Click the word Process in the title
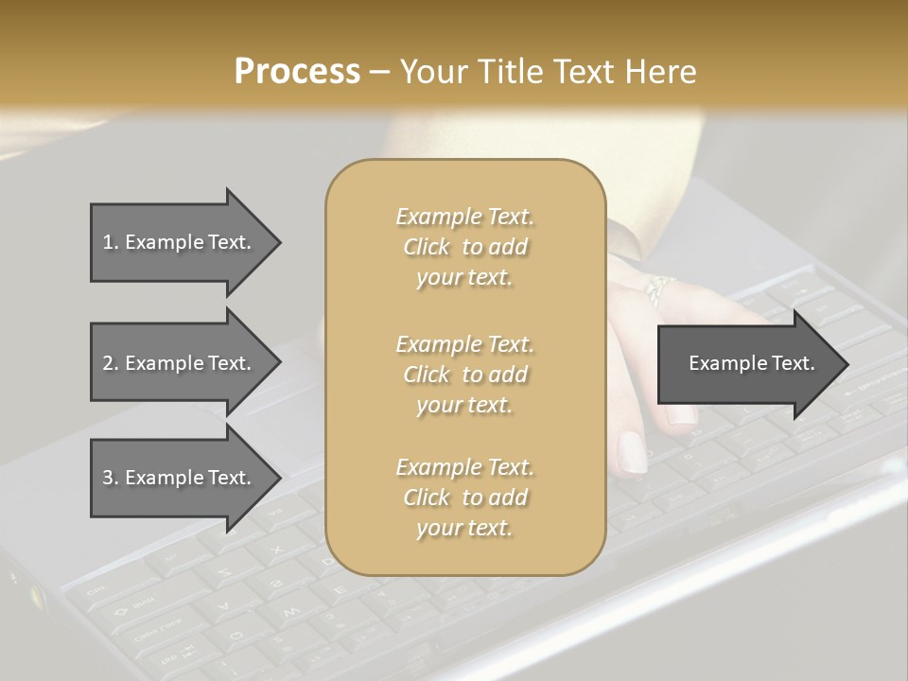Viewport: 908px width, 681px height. (x=297, y=72)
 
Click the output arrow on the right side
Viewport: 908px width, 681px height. (x=752, y=363)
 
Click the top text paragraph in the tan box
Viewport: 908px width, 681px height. (x=464, y=247)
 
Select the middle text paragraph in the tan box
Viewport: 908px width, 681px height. (x=464, y=375)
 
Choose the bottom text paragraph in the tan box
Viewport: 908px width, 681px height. (x=464, y=498)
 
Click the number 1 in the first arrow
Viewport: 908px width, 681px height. (x=108, y=242)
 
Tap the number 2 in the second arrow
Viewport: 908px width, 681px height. (x=108, y=363)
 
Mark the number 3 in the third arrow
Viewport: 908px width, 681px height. (x=108, y=478)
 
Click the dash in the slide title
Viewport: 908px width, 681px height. (x=379, y=72)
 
